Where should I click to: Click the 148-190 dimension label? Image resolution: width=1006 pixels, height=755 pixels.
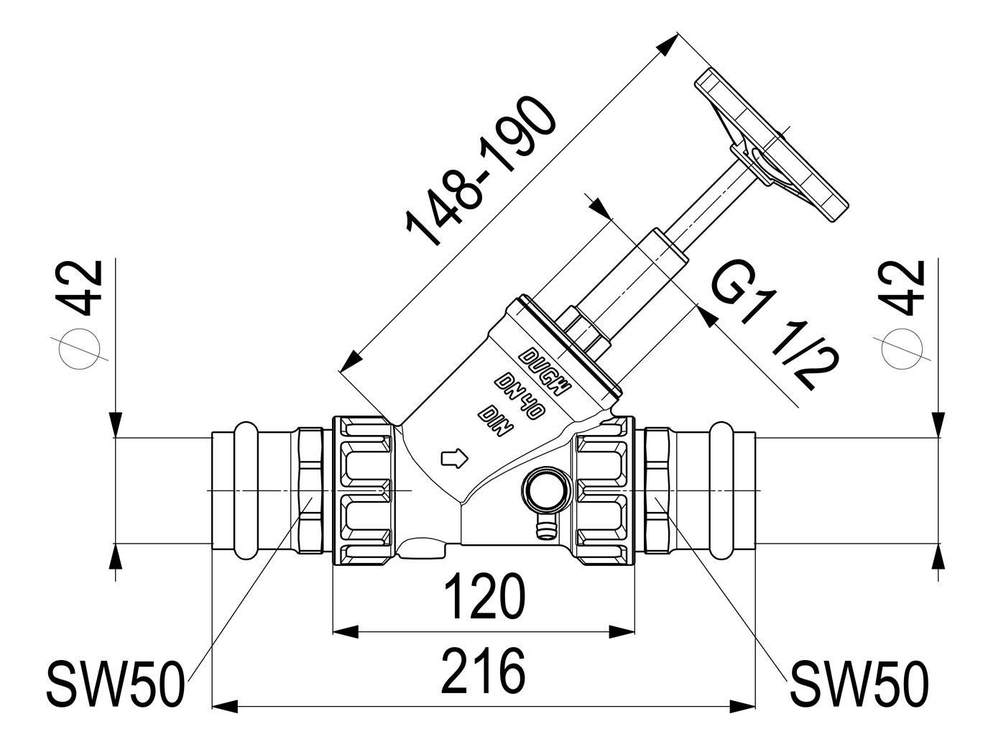click(481, 171)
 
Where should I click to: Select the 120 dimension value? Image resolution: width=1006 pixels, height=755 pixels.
click(484, 596)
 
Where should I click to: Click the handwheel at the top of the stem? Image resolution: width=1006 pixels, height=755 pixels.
click(770, 145)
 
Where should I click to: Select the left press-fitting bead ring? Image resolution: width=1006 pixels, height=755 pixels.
click(246, 490)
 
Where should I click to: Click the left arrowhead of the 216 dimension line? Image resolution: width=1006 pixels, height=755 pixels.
click(226, 706)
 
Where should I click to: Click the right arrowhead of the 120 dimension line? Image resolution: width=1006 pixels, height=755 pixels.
click(622, 632)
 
